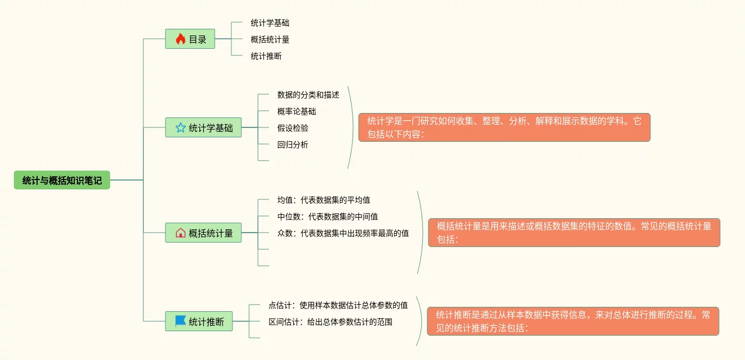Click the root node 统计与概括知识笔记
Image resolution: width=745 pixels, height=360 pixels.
click(62, 180)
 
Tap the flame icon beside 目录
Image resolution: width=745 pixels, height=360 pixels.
click(180, 39)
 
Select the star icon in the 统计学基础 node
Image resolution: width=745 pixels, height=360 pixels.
click(180, 128)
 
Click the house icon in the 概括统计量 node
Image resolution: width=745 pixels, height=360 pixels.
click(180, 233)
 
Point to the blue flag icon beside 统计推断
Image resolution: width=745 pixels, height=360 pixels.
click(180, 321)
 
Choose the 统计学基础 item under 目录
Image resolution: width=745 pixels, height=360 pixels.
click(270, 23)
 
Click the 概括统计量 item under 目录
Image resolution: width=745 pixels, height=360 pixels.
click(270, 39)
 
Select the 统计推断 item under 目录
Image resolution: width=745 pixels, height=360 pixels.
click(266, 56)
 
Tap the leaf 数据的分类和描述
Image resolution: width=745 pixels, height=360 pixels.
click(308, 95)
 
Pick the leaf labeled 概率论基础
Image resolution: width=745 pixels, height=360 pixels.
click(296, 111)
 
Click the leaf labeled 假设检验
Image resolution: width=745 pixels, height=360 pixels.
click(292, 128)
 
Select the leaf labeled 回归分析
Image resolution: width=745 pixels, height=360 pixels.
click(292, 145)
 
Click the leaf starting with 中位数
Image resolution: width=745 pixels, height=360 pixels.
click(327, 216)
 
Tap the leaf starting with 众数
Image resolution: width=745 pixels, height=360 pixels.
click(343, 233)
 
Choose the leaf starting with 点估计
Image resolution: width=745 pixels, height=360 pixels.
click(338, 305)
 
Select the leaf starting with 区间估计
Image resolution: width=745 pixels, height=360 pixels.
click(330, 321)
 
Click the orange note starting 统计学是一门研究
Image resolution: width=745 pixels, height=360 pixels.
click(504, 127)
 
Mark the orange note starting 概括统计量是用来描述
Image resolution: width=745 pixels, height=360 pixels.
click(573, 233)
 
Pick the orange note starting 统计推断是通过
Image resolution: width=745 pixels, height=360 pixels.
click(573, 321)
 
